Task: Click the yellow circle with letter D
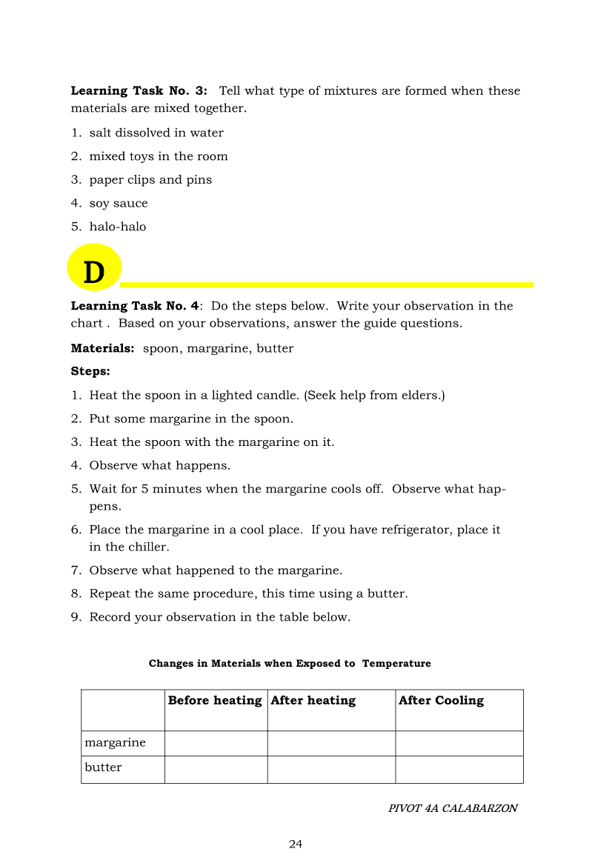(94, 268)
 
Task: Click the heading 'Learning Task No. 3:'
(139, 91)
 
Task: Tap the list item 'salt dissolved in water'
(156, 133)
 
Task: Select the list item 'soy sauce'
(119, 204)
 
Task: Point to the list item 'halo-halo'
(118, 227)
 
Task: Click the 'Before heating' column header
(215, 701)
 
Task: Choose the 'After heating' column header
(313, 701)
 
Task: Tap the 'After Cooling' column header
(441, 701)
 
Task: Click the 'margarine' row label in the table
(115, 743)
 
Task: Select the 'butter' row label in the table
(103, 768)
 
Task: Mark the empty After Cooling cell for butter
(459, 770)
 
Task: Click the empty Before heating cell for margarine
(216, 744)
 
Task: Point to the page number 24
(296, 845)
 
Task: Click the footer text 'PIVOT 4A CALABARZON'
(453, 809)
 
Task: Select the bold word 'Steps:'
(90, 371)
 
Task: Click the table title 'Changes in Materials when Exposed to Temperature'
(290, 664)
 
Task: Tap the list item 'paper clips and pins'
(150, 180)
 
